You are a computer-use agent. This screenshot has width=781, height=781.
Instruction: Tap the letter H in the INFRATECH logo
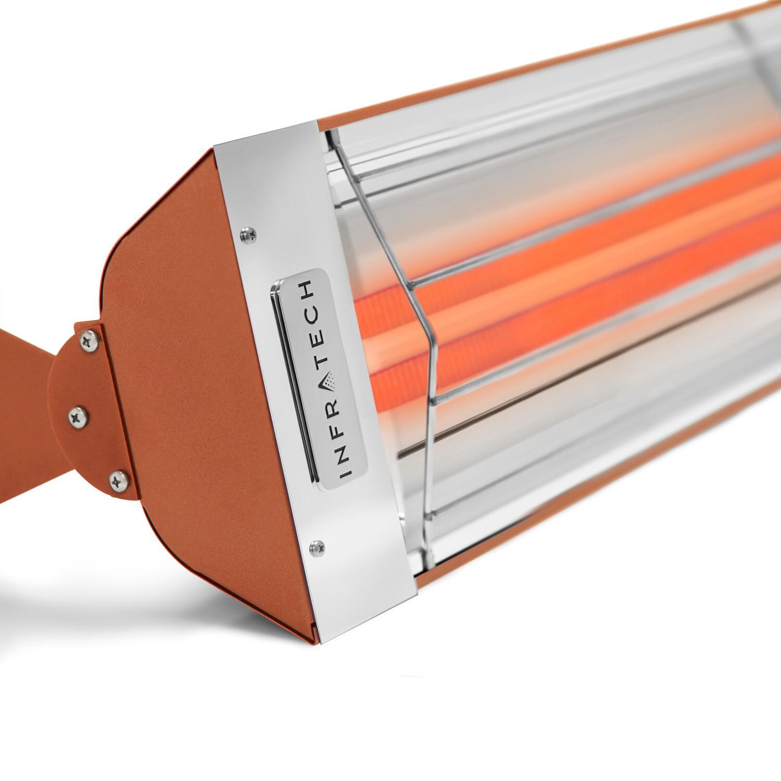(x=309, y=288)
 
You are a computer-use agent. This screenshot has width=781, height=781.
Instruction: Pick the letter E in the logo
(x=320, y=336)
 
